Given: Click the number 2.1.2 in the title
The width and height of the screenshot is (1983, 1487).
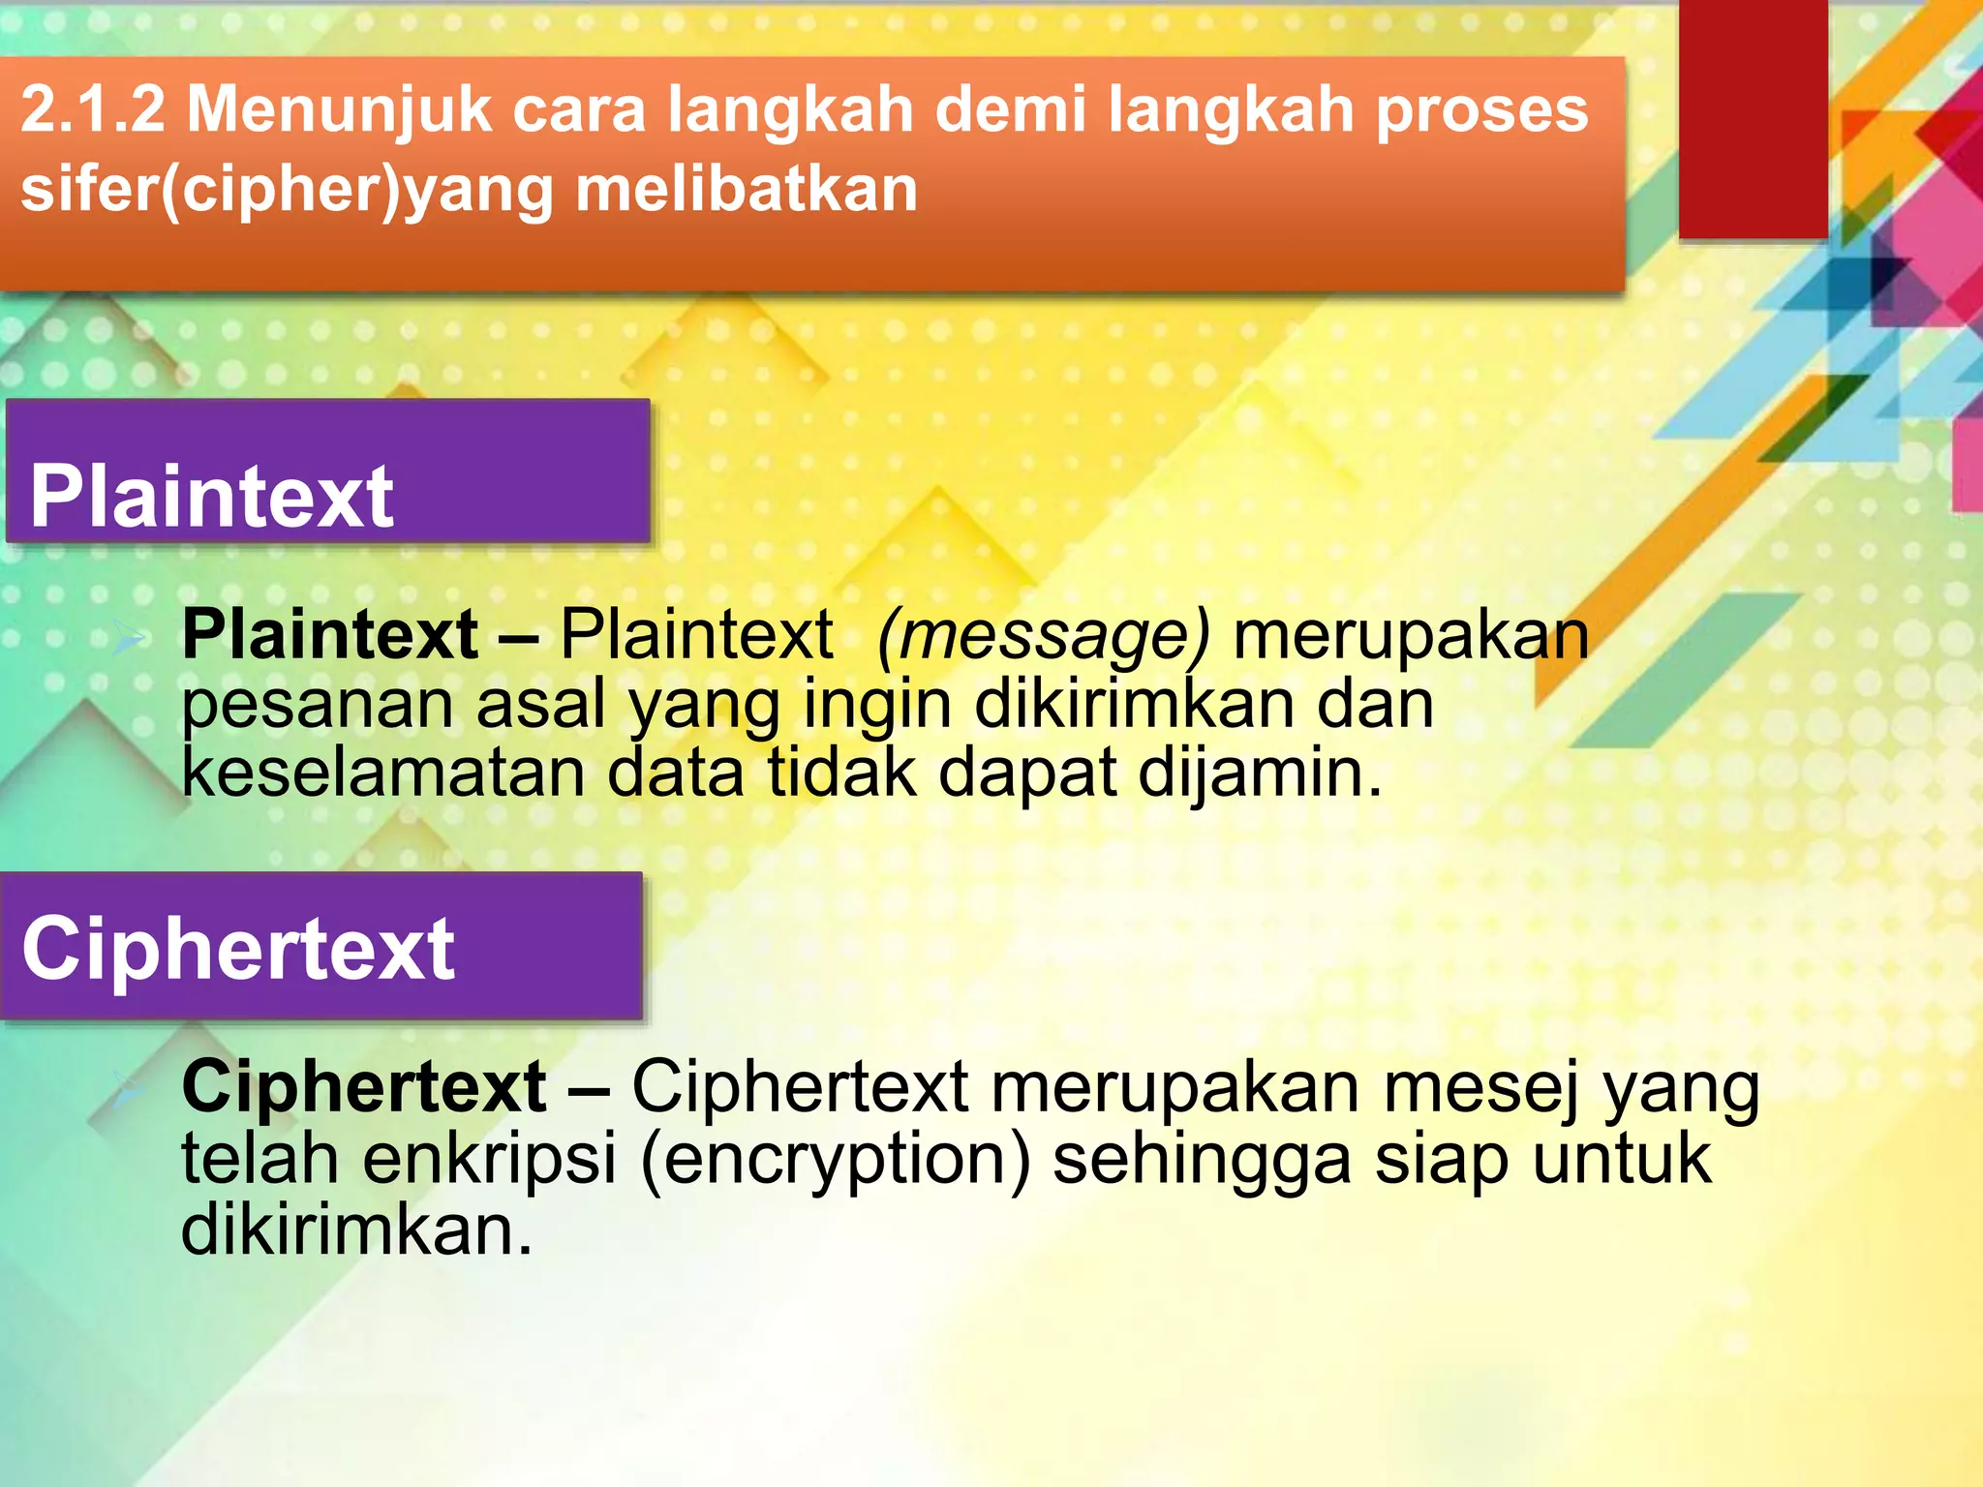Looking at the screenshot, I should coord(93,109).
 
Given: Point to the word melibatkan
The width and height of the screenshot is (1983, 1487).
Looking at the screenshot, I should coord(747,189).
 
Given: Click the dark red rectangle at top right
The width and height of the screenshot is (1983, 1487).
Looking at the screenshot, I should coord(1753,116).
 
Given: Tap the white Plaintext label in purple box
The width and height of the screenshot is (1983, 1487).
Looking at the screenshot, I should coord(211,497).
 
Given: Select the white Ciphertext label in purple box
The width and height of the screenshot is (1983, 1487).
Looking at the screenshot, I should coord(238,949).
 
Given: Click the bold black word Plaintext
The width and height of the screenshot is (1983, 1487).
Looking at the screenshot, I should coord(329,635).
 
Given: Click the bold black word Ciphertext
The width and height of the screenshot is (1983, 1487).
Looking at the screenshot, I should coord(364,1087).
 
